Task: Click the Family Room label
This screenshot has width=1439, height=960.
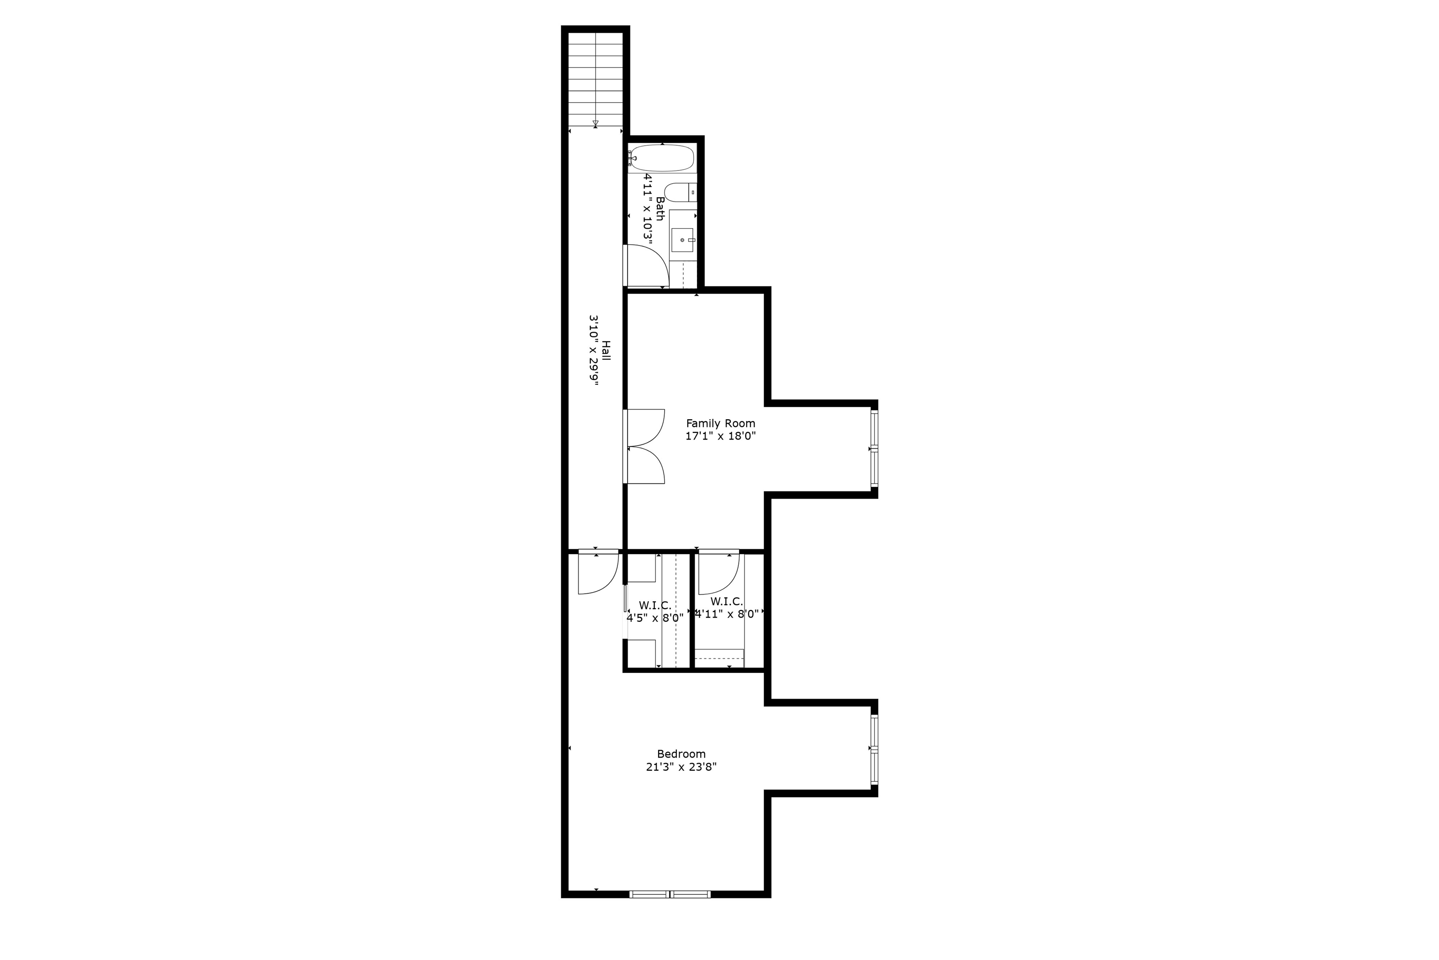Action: [720, 423]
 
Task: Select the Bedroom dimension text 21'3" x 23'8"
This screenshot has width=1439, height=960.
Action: [681, 767]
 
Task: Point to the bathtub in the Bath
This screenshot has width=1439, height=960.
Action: [662, 158]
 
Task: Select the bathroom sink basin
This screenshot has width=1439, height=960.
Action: [682, 240]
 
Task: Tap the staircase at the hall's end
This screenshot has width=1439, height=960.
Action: [595, 80]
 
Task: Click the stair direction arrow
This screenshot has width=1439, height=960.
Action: [595, 123]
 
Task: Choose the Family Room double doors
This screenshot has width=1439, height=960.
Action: [645, 447]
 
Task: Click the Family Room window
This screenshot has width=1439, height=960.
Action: [875, 449]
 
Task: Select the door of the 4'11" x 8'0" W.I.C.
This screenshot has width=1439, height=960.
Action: [719, 573]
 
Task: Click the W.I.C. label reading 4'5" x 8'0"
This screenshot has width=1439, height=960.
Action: [655, 611]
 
